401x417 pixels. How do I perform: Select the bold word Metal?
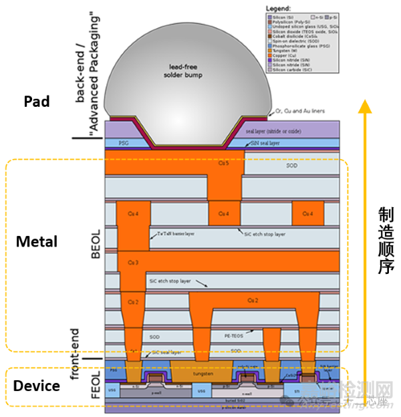point(37,241)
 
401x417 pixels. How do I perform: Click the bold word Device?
point(37,386)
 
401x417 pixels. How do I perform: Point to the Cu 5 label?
point(224,162)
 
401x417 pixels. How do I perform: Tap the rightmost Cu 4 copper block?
point(307,214)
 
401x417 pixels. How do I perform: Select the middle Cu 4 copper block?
point(224,214)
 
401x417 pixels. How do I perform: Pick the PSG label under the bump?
point(123,142)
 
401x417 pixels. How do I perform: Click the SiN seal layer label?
point(265,143)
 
